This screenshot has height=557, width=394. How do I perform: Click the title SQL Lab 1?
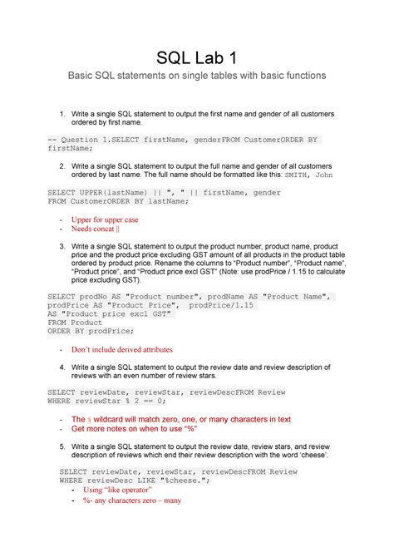click(197, 57)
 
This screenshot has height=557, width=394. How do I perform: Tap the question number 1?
click(62, 112)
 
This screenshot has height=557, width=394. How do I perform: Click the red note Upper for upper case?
click(105, 219)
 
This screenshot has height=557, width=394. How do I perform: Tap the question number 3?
click(62, 246)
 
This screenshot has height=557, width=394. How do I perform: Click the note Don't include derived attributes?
click(122, 350)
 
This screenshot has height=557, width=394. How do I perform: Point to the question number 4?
click(62, 367)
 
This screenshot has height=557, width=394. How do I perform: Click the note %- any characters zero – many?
click(126, 500)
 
